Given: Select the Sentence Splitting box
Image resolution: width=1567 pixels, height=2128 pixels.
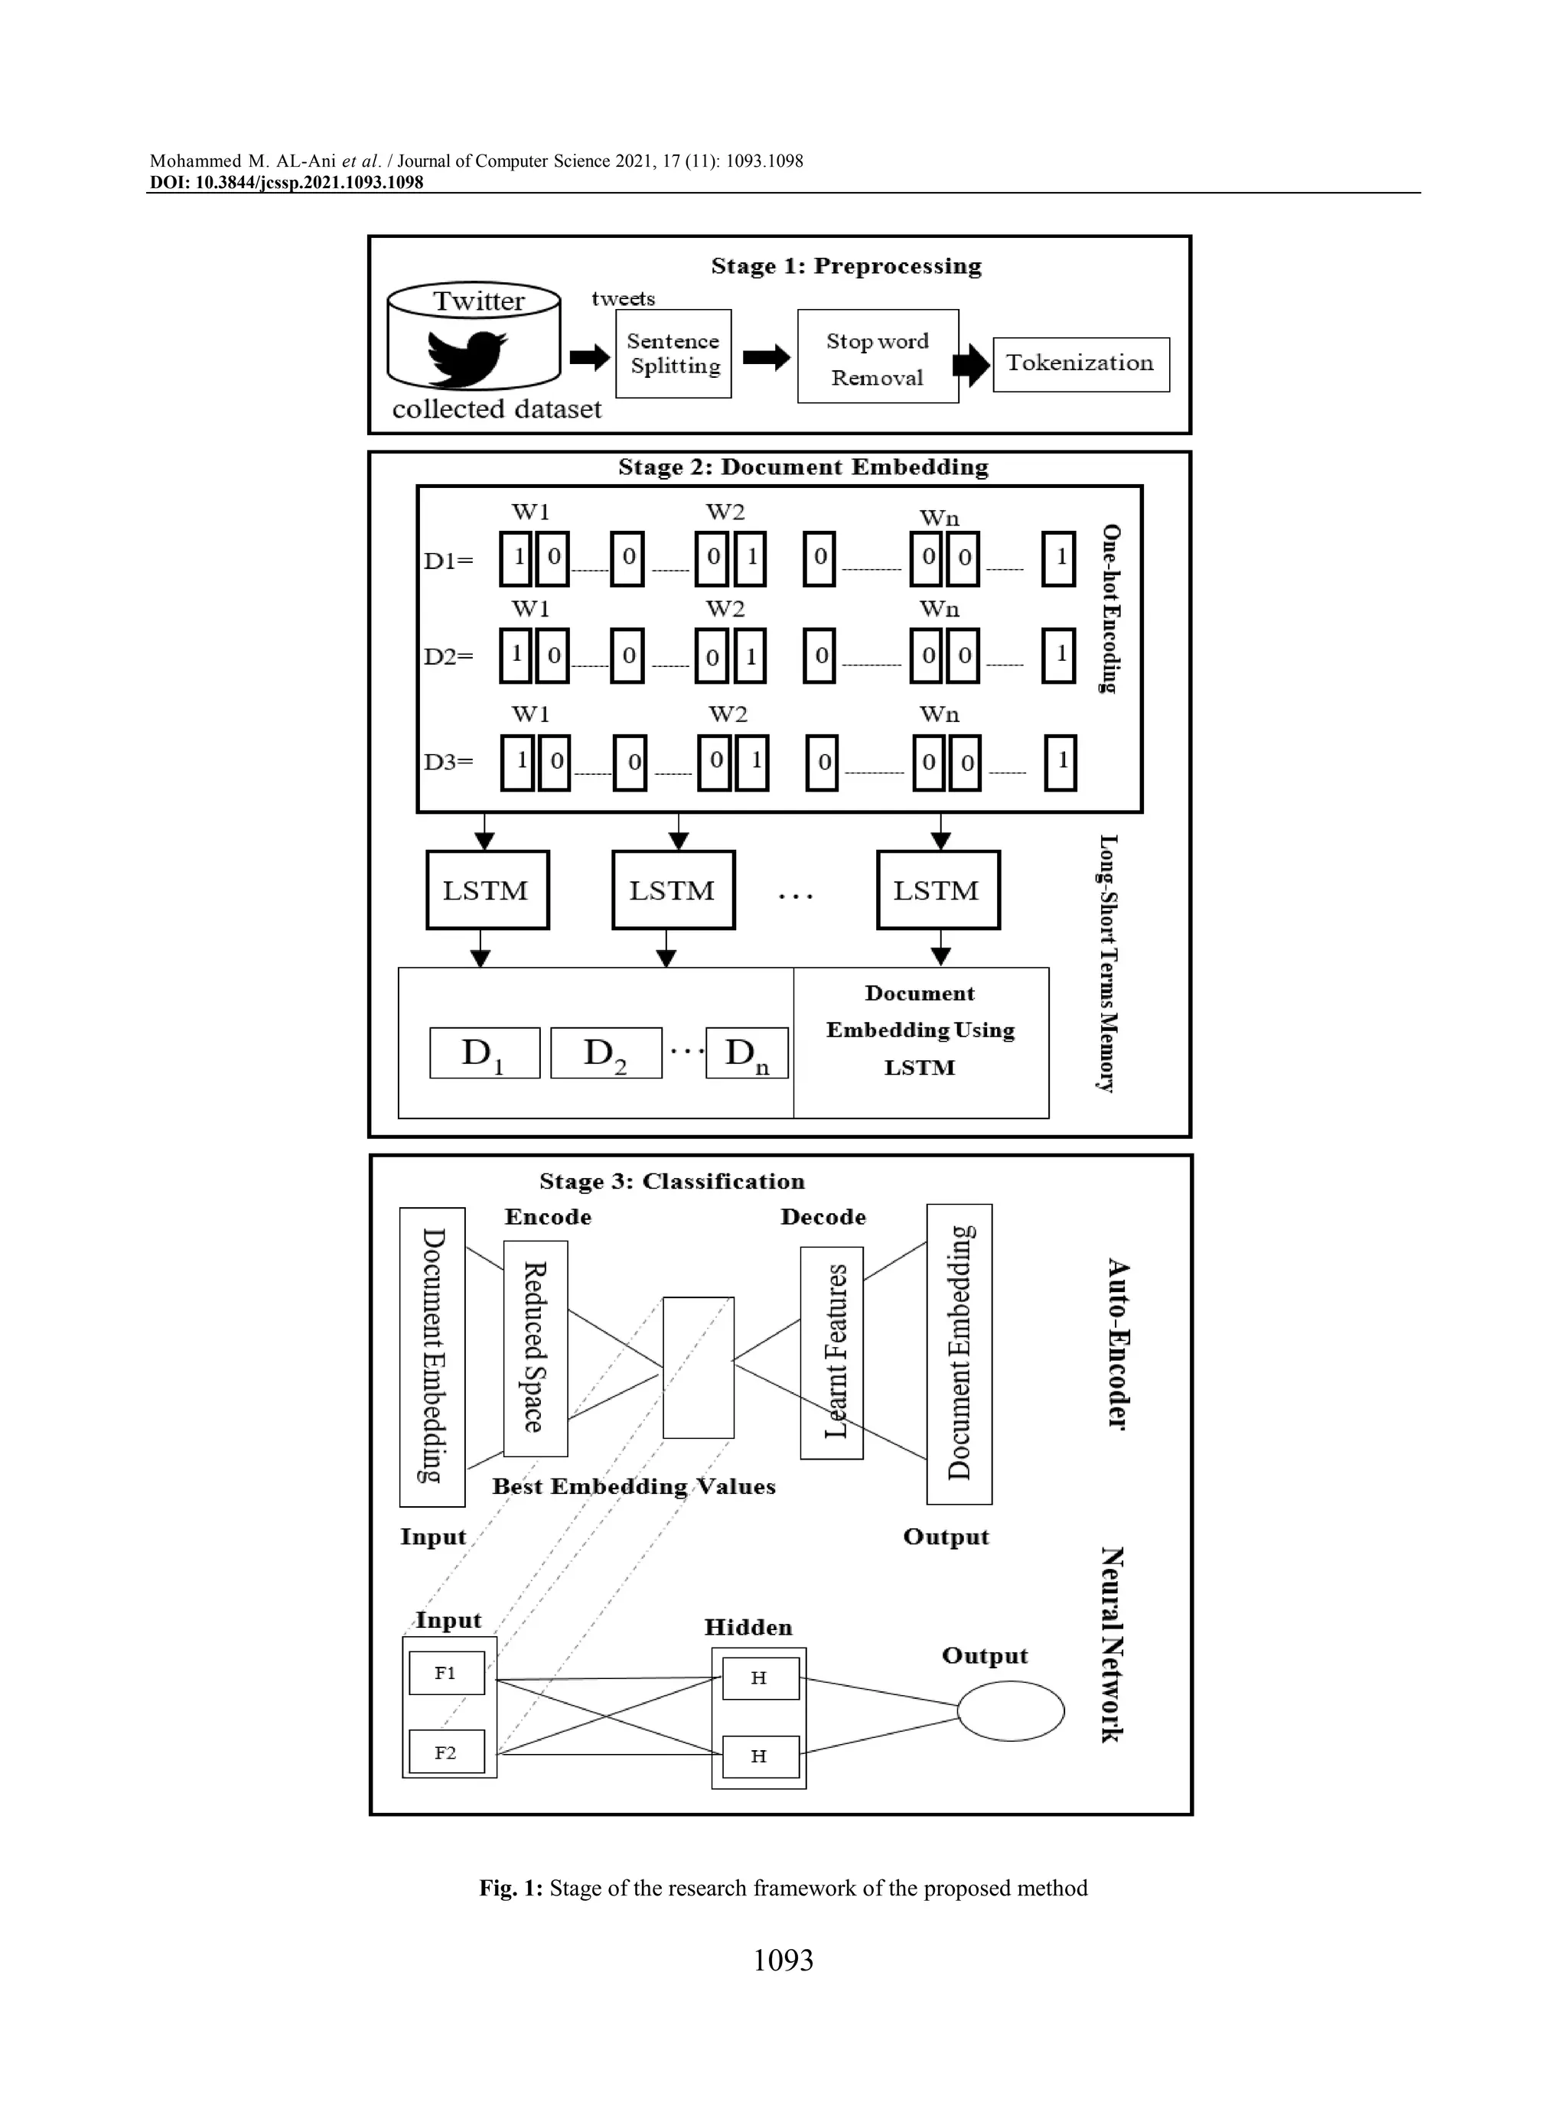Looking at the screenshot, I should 673,353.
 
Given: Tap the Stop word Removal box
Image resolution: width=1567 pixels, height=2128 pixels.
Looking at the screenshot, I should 878,356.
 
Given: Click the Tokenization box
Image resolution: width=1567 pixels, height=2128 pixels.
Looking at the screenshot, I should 1080,364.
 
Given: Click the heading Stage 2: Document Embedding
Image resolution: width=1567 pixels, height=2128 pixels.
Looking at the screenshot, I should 803,467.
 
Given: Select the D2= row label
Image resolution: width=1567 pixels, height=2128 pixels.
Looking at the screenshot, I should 448,656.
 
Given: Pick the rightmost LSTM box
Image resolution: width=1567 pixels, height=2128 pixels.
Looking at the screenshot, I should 937,890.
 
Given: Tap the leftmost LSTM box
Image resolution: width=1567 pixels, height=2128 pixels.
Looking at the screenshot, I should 487,890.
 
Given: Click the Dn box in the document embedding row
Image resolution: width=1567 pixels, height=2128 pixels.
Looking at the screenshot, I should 747,1053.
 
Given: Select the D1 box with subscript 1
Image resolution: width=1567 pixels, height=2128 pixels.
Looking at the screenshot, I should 484,1053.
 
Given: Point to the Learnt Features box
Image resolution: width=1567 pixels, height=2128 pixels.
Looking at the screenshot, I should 832,1352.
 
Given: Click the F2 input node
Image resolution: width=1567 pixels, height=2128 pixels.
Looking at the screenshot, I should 447,1752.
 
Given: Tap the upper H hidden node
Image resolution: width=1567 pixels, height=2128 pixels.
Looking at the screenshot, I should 760,1678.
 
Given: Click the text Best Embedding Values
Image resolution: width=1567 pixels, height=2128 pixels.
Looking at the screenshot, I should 634,1486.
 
